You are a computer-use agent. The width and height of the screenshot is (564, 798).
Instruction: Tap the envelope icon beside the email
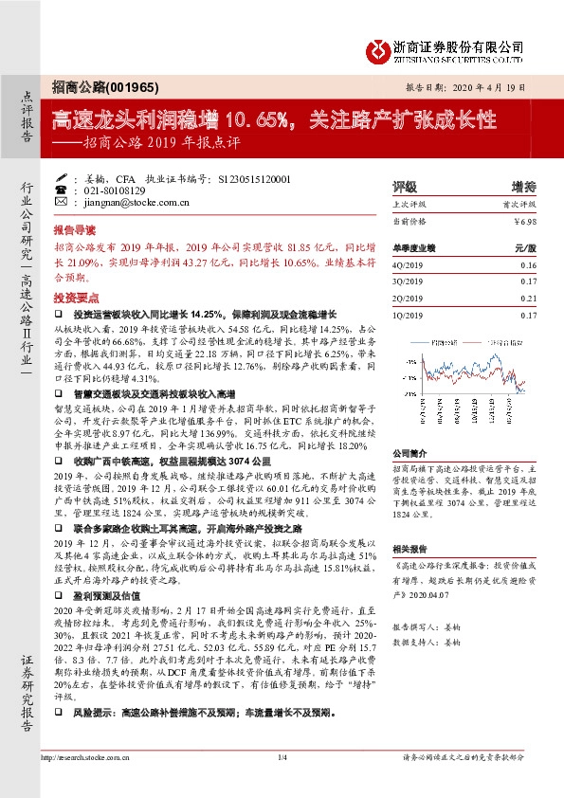pyautogui.click(x=62, y=202)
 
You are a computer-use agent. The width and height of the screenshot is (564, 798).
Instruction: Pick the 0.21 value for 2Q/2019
pyautogui.click(x=527, y=298)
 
